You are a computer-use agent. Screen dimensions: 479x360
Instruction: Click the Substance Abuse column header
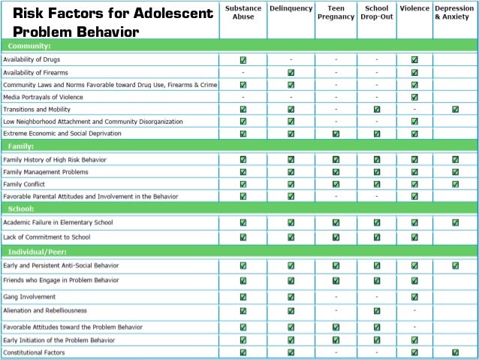click(243, 13)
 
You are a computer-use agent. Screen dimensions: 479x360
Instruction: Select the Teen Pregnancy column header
click(336, 13)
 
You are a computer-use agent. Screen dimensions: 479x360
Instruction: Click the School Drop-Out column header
click(376, 13)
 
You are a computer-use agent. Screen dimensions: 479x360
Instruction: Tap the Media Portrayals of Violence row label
click(43, 97)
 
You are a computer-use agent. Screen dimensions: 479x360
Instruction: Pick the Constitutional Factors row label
click(33, 352)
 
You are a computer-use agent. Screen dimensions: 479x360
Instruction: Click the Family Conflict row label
click(24, 184)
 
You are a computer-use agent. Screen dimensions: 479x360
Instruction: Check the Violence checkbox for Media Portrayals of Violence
click(415, 97)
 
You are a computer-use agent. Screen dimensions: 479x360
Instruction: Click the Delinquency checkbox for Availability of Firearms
click(291, 72)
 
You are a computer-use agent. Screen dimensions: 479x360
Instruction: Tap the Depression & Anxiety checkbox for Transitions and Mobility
click(456, 109)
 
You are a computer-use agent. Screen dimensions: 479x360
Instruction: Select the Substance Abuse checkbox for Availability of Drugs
click(243, 59)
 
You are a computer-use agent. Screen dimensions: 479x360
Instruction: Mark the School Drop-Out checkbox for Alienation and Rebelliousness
click(376, 310)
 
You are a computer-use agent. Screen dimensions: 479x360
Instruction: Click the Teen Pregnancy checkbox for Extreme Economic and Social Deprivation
click(336, 134)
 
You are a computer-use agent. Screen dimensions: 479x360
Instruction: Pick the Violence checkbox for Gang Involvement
click(415, 296)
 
